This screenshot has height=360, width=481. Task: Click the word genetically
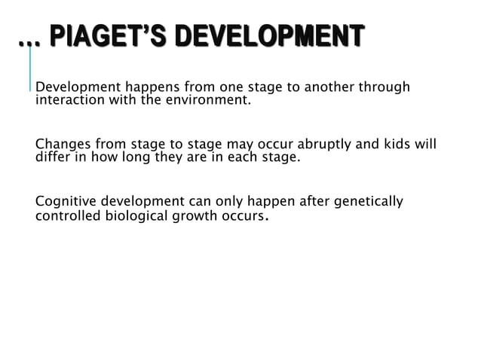(x=366, y=203)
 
